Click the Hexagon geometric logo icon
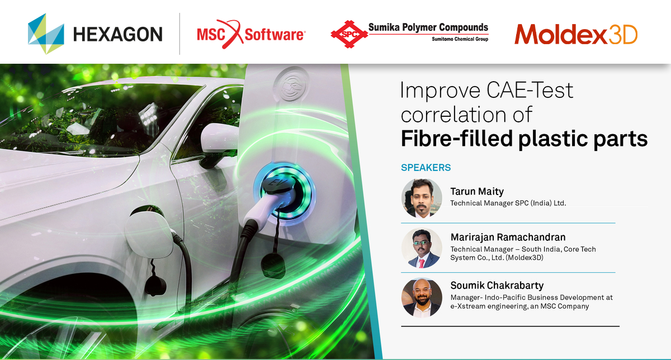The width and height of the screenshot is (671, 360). click(46, 34)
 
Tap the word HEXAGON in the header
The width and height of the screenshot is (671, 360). click(118, 34)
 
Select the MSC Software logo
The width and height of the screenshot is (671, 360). click(251, 34)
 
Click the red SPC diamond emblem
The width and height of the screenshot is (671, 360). click(349, 34)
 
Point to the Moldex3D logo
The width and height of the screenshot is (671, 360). click(576, 34)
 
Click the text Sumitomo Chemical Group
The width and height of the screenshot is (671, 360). click(460, 39)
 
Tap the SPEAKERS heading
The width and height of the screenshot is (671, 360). click(426, 167)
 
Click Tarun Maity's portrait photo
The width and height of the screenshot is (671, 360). click(422, 198)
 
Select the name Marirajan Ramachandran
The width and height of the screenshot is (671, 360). click(508, 237)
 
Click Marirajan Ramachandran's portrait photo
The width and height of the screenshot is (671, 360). click(422, 248)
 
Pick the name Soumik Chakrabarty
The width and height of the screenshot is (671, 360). click(497, 286)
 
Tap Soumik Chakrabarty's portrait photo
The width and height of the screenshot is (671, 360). click(422, 297)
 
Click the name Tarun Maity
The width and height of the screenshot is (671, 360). click(477, 191)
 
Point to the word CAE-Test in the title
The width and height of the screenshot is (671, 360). click(530, 90)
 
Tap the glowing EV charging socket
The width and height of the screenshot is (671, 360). click(284, 192)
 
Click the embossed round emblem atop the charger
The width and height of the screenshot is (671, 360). click(291, 83)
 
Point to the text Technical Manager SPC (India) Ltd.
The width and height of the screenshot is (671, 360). click(508, 203)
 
